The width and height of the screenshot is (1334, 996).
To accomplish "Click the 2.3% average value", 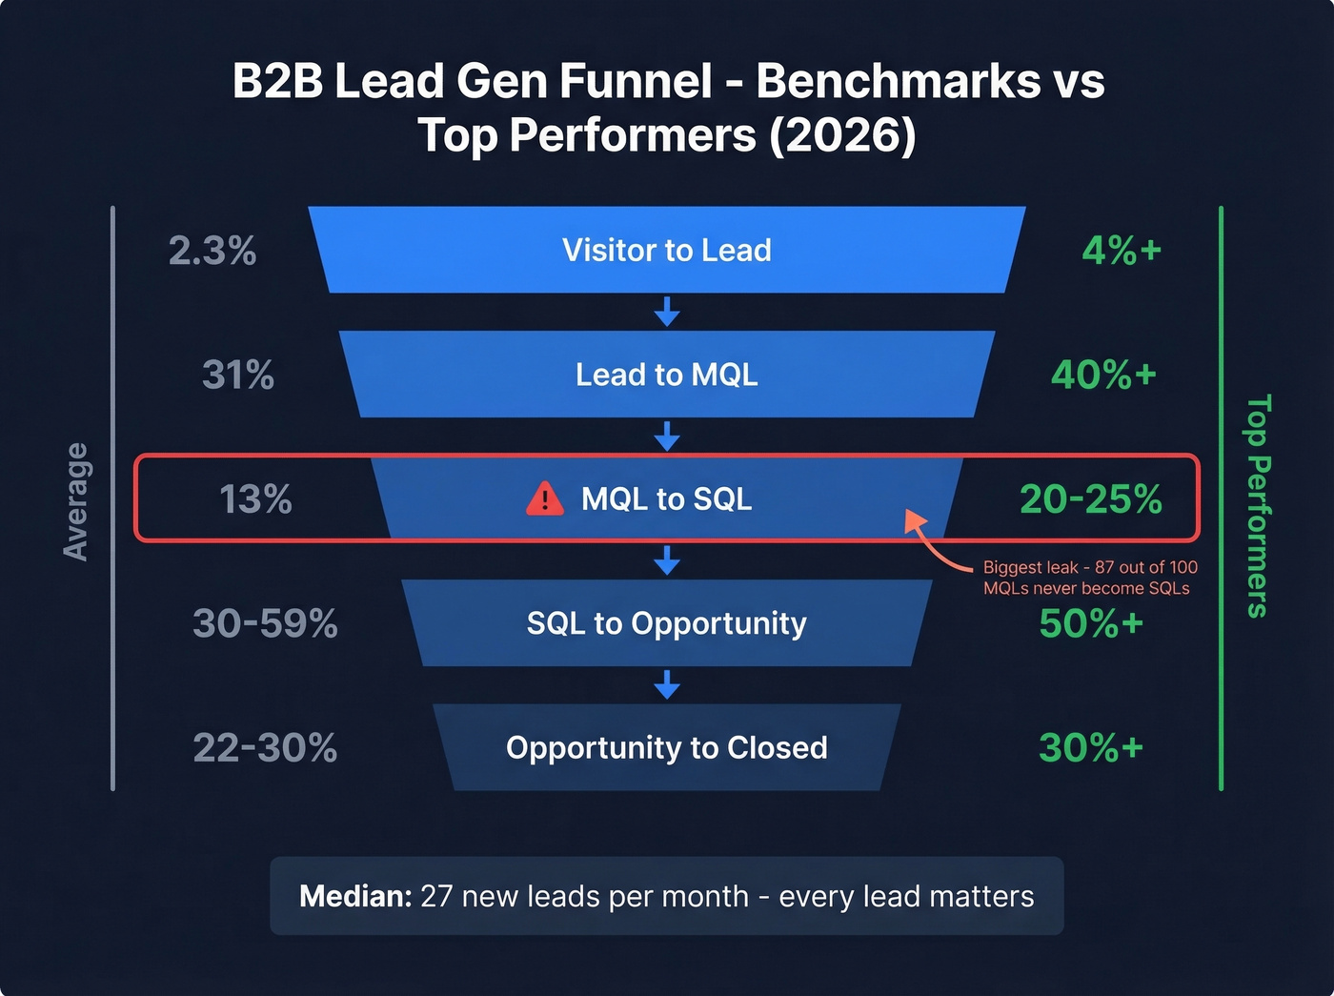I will [212, 251].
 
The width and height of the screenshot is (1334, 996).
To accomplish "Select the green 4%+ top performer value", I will [1122, 251].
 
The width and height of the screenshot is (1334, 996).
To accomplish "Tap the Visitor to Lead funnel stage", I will [666, 250].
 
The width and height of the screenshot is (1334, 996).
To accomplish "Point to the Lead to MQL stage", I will [666, 375].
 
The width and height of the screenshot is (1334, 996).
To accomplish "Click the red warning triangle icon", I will [545, 498].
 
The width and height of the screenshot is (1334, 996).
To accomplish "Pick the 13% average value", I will [255, 499].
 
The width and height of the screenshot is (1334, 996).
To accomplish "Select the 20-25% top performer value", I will [1090, 499].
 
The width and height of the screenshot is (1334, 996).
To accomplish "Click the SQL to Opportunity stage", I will [666, 623].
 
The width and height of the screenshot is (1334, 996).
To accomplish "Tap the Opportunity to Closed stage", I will [666, 748].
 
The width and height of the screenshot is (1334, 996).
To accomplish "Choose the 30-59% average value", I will [265, 624].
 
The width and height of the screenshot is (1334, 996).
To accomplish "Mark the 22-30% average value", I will [265, 748].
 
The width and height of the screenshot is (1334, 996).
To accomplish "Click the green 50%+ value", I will [1090, 624].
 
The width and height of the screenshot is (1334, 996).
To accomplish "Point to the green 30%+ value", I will [1090, 748].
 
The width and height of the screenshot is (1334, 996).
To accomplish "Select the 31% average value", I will [238, 376].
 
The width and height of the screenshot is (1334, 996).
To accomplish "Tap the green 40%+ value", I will [1103, 376].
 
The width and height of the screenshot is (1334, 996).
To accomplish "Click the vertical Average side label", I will [75, 501].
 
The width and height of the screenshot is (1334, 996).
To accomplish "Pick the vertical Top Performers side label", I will [1259, 506].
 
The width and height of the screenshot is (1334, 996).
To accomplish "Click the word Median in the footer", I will [354, 897].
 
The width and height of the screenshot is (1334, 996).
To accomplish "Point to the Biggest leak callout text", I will [1089, 578].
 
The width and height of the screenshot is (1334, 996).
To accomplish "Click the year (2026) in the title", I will [842, 135].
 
